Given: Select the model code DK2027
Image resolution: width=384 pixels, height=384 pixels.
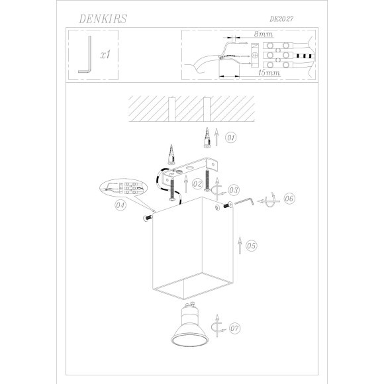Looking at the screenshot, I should coord(282,21).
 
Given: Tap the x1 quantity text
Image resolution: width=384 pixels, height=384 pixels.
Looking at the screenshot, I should coord(105,57).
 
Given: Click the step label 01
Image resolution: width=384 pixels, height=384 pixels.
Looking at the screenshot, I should coord(231,138).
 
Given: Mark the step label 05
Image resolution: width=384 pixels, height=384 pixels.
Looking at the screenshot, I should coord(251,246).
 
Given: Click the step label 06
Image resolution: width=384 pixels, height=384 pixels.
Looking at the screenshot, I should coord(289,199).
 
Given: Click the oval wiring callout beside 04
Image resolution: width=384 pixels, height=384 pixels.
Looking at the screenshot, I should coord(123,188).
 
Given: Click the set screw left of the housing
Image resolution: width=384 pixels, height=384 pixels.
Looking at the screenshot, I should coord(146,216).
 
